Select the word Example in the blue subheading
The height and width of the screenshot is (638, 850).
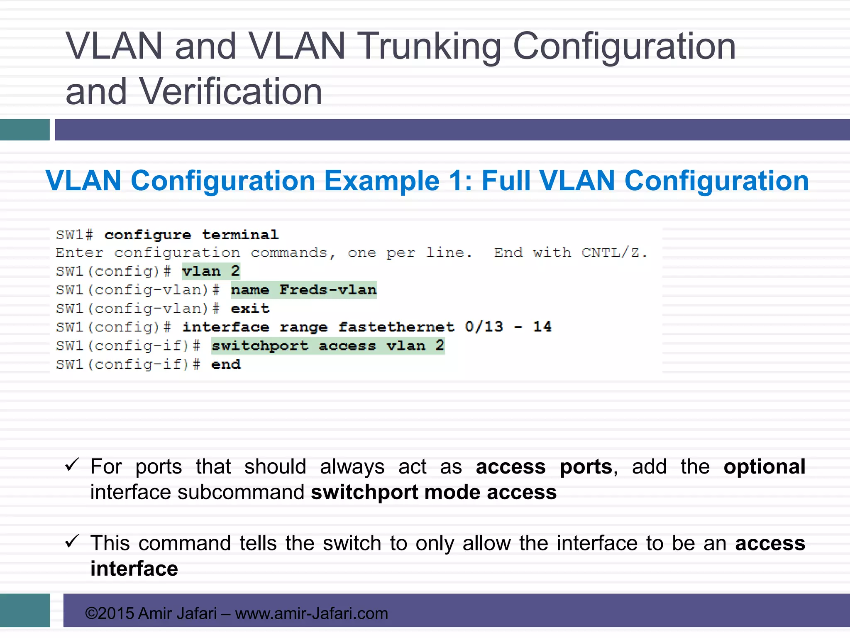point(381,181)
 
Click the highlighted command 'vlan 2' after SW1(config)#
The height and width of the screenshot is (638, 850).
point(211,272)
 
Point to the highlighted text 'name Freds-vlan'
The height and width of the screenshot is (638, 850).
point(303,290)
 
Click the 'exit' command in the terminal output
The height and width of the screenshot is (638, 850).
point(250,309)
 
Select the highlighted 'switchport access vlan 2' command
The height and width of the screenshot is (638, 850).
point(328,346)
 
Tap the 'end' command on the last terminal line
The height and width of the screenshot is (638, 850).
point(226,365)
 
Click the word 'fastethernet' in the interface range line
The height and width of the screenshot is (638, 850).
point(396,327)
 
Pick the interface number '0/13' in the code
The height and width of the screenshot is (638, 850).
point(484,327)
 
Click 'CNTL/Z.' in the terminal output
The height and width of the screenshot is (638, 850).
point(614,253)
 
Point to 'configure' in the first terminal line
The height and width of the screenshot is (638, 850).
point(148,235)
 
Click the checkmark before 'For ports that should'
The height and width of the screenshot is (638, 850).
point(72,465)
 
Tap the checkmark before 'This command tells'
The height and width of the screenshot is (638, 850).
point(72,541)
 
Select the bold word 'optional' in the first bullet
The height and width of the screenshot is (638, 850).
point(764,467)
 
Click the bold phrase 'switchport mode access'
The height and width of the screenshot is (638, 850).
point(433,493)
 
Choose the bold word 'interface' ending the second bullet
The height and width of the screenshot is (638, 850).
point(134,569)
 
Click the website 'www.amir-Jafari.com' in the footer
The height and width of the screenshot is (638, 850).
point(311,613)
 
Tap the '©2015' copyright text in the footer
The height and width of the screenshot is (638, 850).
point(109,613)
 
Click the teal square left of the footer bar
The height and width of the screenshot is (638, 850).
point(25,610)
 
